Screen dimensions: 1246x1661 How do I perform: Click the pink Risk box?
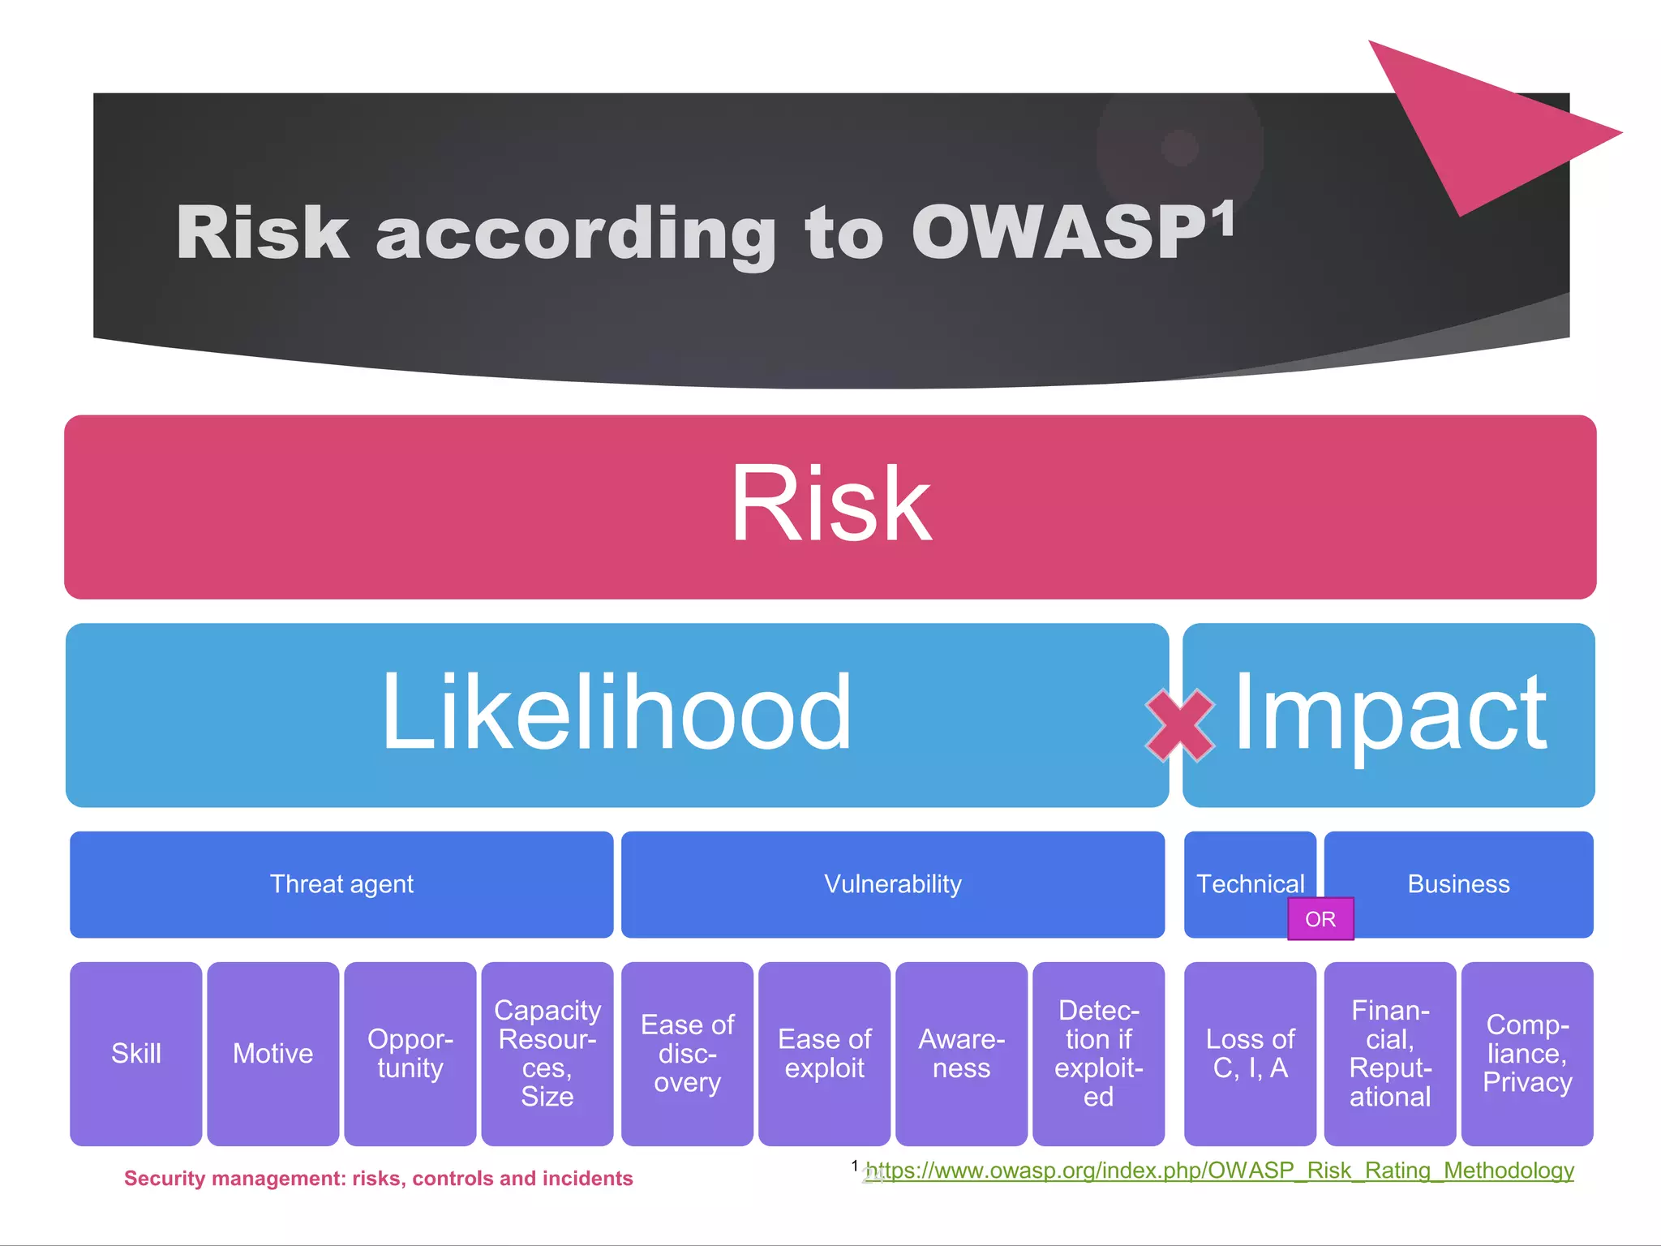(830, 507)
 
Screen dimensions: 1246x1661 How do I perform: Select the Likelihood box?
(616, 714)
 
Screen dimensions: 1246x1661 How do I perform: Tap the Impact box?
(1388, 714)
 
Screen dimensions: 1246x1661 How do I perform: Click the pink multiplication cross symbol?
(1180, 725)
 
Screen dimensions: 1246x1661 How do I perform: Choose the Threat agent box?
(341, 884)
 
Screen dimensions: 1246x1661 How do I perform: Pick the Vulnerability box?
(892, 884)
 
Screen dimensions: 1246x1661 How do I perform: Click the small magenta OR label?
(1320, 919)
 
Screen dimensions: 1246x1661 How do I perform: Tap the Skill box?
(135, 1053)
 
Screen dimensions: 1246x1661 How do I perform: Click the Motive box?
(273, 1053)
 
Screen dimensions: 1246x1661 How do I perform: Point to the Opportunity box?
(410, 1053)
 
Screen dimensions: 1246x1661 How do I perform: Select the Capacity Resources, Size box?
(547, 1053)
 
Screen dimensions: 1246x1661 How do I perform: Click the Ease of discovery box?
(687, 1053)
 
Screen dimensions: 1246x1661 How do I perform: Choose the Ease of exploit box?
(824, 1053)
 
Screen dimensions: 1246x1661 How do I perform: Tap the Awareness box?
(961, 1053)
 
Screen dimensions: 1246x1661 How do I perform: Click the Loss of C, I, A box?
(1250, 1053)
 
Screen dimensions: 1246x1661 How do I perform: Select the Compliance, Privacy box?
(1527, 1053)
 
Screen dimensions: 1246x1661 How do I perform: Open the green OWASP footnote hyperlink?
(1220, 1171)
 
